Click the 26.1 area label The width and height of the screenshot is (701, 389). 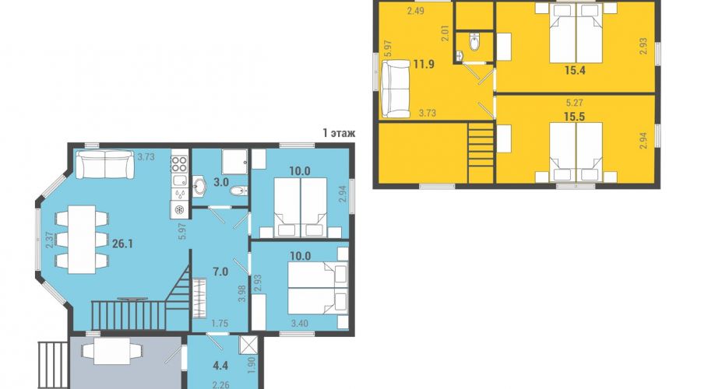click(x=122, y=244)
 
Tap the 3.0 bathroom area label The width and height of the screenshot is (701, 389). click(x=221, y=182)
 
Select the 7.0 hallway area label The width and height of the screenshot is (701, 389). click(x=221, y=272)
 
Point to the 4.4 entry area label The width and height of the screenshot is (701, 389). click(x=220, y=366)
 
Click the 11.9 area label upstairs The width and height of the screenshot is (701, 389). click(x=424, y=64)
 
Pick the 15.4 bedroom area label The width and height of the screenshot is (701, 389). click(x=575, y=70)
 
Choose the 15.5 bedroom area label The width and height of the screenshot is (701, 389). click(x=575, y=117)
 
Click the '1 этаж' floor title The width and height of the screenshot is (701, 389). click(x=339, y=133)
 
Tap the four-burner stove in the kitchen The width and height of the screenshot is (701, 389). click(x=179, y=163)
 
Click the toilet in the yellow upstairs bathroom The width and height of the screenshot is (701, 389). click(x=474, y=42)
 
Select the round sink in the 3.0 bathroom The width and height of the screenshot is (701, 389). click(x=199, y=186)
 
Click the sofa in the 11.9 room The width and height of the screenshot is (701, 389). click(x=395, y=89)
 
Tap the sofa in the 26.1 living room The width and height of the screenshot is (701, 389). click(x=105, y=164)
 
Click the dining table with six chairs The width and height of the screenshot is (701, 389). click(x=82, y=240)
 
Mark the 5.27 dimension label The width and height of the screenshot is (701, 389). click(x=575, y=103)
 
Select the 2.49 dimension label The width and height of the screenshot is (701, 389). click(x=415, y=12)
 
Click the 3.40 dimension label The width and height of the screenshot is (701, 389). click(x=300, y=324)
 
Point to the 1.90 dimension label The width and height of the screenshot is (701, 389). click(x=252, y=366)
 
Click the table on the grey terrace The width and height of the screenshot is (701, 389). click(x=112, y=351)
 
